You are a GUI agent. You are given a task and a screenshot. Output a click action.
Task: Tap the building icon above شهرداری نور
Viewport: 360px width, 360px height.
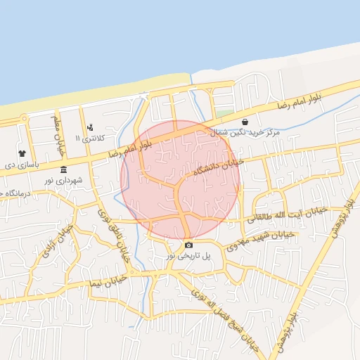coord(64,169)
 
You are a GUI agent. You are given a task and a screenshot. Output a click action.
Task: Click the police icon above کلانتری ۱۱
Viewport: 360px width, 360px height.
coord(90,127)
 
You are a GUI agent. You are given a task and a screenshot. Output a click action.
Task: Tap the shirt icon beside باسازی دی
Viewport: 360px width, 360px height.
coord(22,153)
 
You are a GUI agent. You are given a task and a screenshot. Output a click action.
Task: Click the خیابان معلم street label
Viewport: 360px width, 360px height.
coord(58,130)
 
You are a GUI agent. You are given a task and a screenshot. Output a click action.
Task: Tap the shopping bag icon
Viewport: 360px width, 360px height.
coord(244,122)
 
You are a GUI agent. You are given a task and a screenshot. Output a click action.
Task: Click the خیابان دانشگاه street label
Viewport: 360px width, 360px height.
coord(218,167)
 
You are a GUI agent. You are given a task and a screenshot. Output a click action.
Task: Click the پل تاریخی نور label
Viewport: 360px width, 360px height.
coord(188,257)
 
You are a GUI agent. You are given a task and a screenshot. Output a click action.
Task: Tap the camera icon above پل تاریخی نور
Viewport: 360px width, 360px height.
coord(188,245)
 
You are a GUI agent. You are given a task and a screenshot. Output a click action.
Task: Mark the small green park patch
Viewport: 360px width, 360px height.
coord(224,113)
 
